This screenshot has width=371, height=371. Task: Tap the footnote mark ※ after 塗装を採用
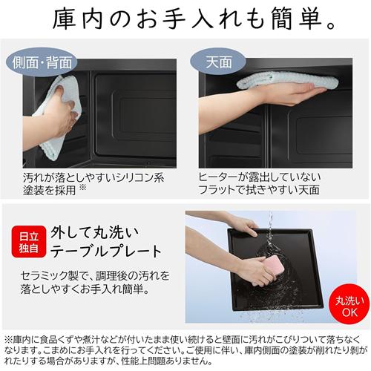90,189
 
